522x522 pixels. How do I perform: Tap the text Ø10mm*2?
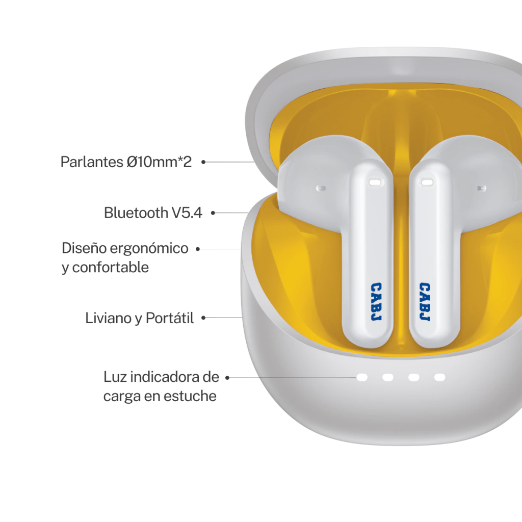159,162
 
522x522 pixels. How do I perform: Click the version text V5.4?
186,213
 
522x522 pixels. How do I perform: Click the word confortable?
111,267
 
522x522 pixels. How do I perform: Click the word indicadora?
163,377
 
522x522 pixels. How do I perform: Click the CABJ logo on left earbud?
377,302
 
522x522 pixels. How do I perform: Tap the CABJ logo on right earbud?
424,302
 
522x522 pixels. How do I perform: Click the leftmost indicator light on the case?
362,377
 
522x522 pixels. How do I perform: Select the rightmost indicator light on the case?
440,377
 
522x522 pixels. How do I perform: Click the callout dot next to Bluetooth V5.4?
213,213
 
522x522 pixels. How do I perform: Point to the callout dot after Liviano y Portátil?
203,318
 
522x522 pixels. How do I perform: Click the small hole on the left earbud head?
321,188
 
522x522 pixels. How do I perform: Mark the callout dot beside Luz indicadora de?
228,378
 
